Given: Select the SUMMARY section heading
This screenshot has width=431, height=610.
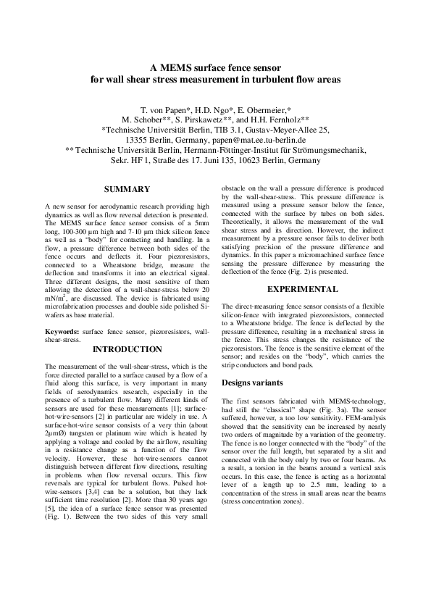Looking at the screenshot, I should tap(127, 189).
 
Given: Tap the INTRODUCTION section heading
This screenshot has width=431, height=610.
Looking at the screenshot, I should tap(127, 349).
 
